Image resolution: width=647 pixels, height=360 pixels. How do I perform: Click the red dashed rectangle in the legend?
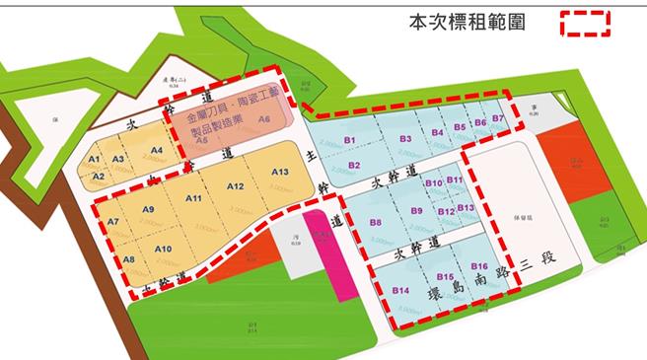tap(586, 23)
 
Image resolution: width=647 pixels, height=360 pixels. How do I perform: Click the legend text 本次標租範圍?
tap(468, 23)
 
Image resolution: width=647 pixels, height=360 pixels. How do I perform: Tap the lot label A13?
tap(279, 174)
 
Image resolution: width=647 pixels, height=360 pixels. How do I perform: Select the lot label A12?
tap(235, 186)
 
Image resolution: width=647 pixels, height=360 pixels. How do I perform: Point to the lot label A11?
tap(193, 198)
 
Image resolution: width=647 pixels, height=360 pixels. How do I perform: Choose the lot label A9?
tap(149, 209)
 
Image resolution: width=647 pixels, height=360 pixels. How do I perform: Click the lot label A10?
tap(164, 248)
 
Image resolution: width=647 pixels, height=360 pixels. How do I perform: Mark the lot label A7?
tap(112, 222)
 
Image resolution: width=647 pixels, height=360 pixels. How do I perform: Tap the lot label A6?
tap(263, 118)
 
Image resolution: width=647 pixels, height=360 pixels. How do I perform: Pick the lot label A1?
tap(95, 159)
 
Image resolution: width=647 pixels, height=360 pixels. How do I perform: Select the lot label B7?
tap(498, 119)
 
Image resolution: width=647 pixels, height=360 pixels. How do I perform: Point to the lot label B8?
tap(376, 223)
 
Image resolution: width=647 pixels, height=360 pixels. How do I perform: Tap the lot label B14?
tap(400, 291)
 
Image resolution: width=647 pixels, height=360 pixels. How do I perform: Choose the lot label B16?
tap(479, 267)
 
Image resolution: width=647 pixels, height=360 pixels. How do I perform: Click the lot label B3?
tap(405, 139)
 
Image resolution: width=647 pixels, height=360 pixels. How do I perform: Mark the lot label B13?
tap(466, 208)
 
